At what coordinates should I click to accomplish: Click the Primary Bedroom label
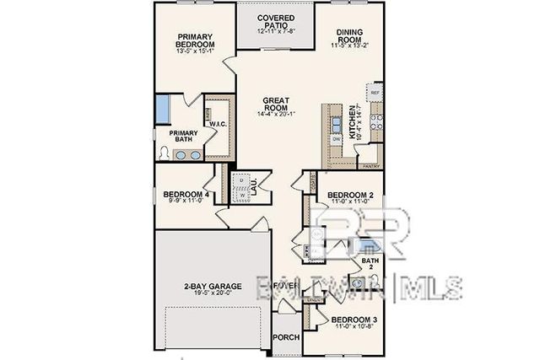(195, 40)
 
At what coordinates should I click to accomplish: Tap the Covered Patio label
(275, 20)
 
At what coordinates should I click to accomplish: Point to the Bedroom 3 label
(354, 320)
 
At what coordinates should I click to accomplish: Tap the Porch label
(285, 337)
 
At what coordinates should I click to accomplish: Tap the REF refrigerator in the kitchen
(376, 92)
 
